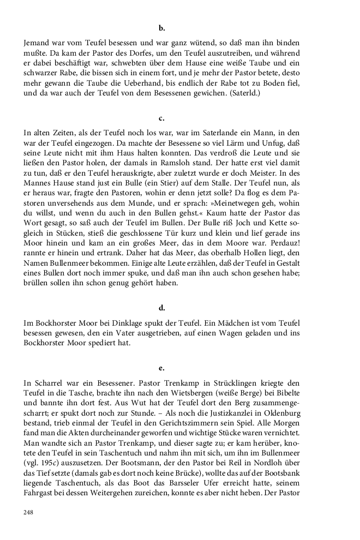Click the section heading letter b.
[162, 26]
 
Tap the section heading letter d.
[162, 308]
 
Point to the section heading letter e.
[162, 368]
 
